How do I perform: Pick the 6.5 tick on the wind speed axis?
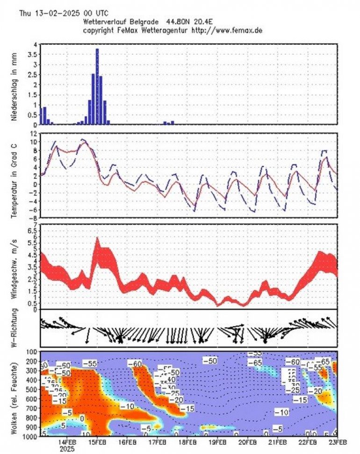pyautogui.click(x=34, y=225)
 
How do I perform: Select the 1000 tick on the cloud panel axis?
pyautogui.click(x=32, y=437)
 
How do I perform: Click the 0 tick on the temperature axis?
pyautogui.click(x=36, y=184)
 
